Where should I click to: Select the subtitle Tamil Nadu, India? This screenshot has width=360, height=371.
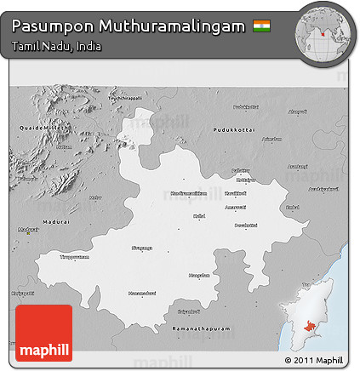pos(56,46)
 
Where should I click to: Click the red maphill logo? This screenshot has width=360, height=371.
pos(43,332)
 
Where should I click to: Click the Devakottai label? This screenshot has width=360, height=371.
pos(245,225)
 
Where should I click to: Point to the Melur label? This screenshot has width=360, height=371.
pos(95,197)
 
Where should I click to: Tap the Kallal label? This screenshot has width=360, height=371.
pos(199,216)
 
